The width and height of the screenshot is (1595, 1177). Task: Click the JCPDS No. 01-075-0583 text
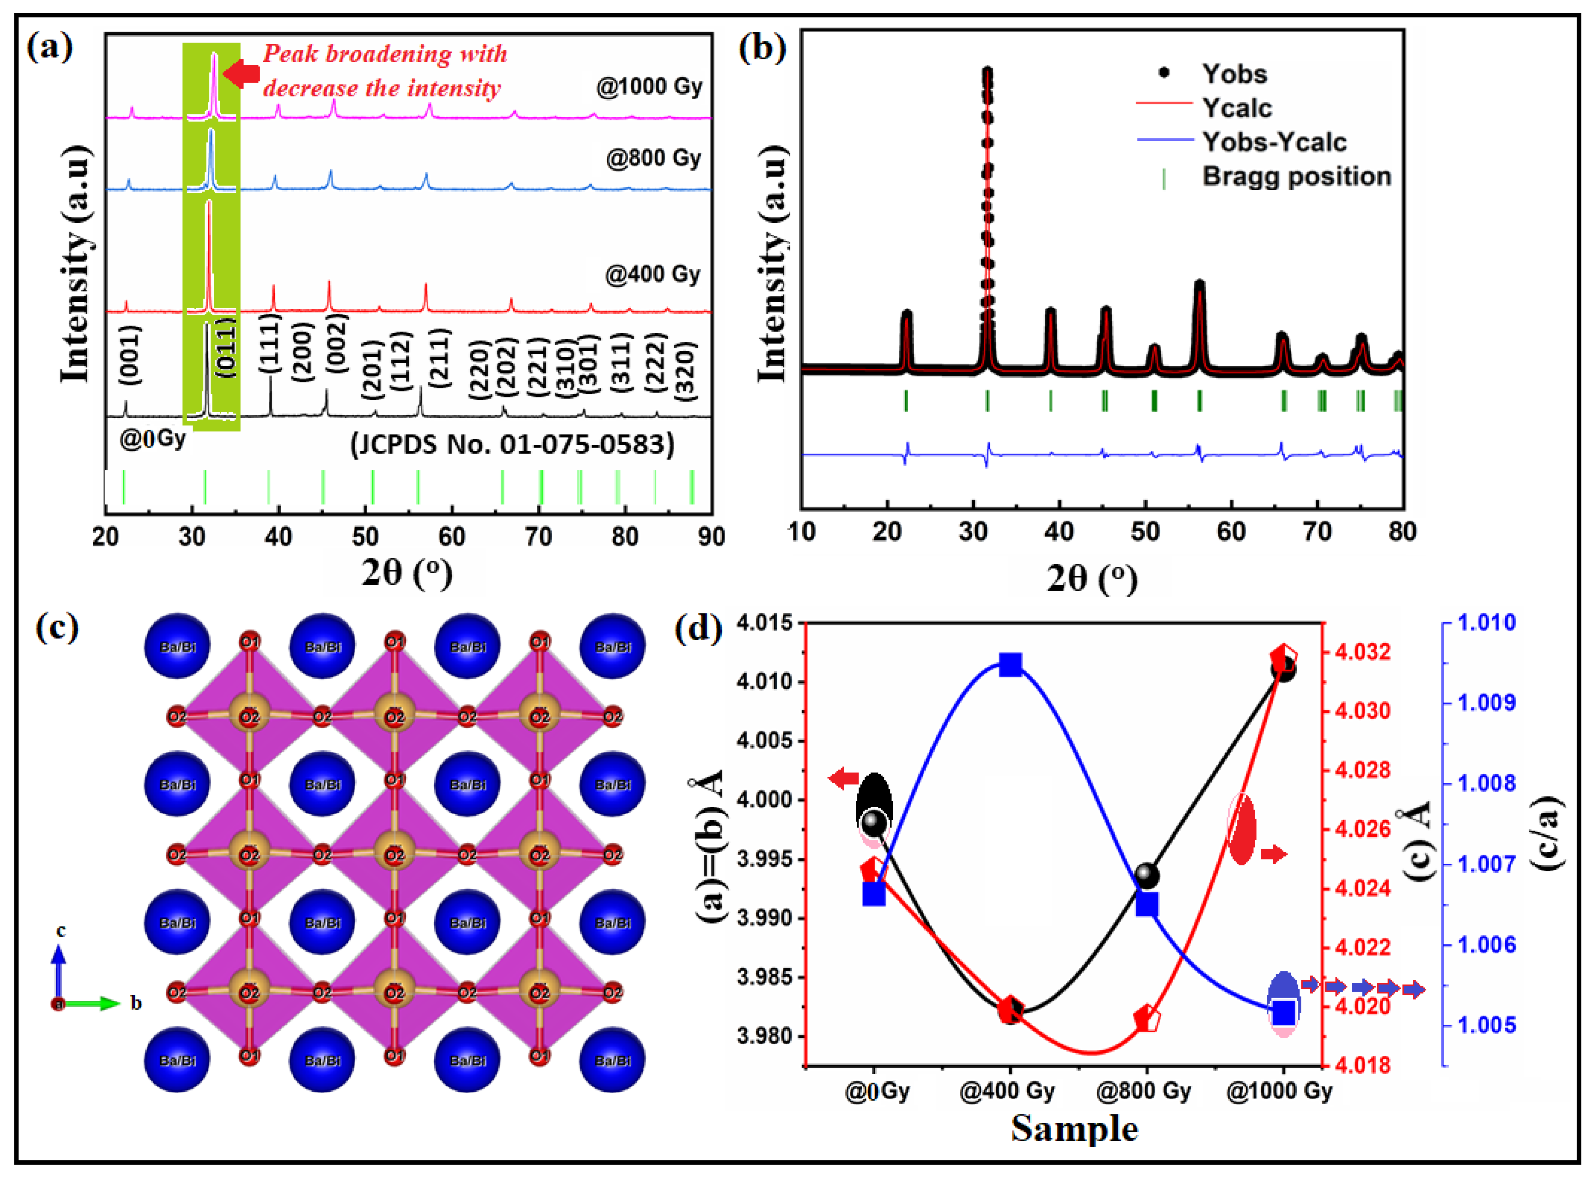pos(512,444)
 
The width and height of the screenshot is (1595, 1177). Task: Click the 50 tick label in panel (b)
pos(1144,531)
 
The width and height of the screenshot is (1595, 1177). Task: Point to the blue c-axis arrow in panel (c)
pos(59,969)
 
